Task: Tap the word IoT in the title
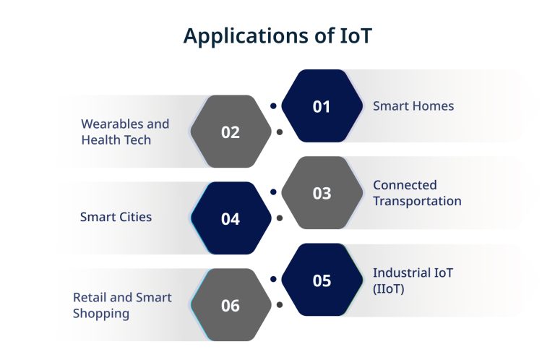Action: point(355,35)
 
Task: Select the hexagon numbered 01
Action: point(321,106)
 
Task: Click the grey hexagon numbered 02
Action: point(231,132)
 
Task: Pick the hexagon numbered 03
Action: point(322,193)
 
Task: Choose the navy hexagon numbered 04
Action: point(231,218)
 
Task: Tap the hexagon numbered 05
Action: point(322,280)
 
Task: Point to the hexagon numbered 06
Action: point(231,305)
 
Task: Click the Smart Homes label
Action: point(413,106)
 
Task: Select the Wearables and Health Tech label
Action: point(125,132)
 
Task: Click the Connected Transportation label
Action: point(417,193)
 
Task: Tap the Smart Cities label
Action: point(116,217)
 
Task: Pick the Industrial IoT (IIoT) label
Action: point(413,280)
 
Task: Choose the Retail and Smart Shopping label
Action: point(122,305)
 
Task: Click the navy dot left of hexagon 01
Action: point(273,106)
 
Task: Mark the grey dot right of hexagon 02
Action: point(279,132)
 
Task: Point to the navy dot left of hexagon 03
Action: point(273,192)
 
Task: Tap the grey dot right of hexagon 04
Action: point(279,218)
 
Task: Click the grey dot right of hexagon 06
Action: point(279,304)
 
